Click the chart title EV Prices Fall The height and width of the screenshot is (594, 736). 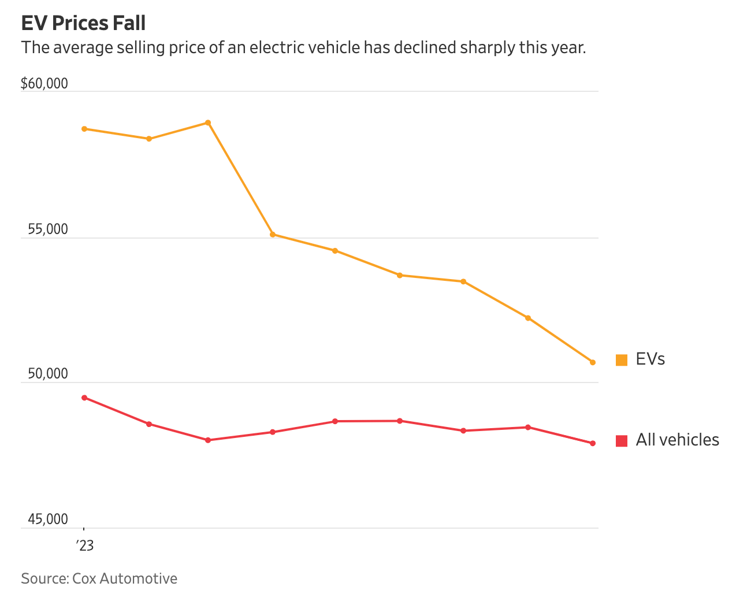(x=83, y=23)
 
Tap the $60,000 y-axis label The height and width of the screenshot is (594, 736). (x=44, y=84)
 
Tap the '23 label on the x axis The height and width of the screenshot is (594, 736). (x=85, y=545)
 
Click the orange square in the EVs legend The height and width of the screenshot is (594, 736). (x=622, y=360)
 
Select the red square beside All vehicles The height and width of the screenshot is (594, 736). (x=622, y=441)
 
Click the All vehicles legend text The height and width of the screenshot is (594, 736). (x=677, y=440)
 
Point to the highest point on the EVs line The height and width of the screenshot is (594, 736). (x=208, y=122)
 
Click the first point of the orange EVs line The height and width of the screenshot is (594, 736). (x=84, y=129)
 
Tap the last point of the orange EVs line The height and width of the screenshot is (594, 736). (x=593, y=362)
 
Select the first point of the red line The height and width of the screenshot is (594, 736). (x=84, y=398)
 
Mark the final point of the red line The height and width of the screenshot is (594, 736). (x=593, y=443)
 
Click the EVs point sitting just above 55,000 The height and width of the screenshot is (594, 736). (x=273, y=235)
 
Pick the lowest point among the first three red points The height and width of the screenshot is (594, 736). (x=208, y=440)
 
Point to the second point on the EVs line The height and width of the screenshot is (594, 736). (x=149, y=139)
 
